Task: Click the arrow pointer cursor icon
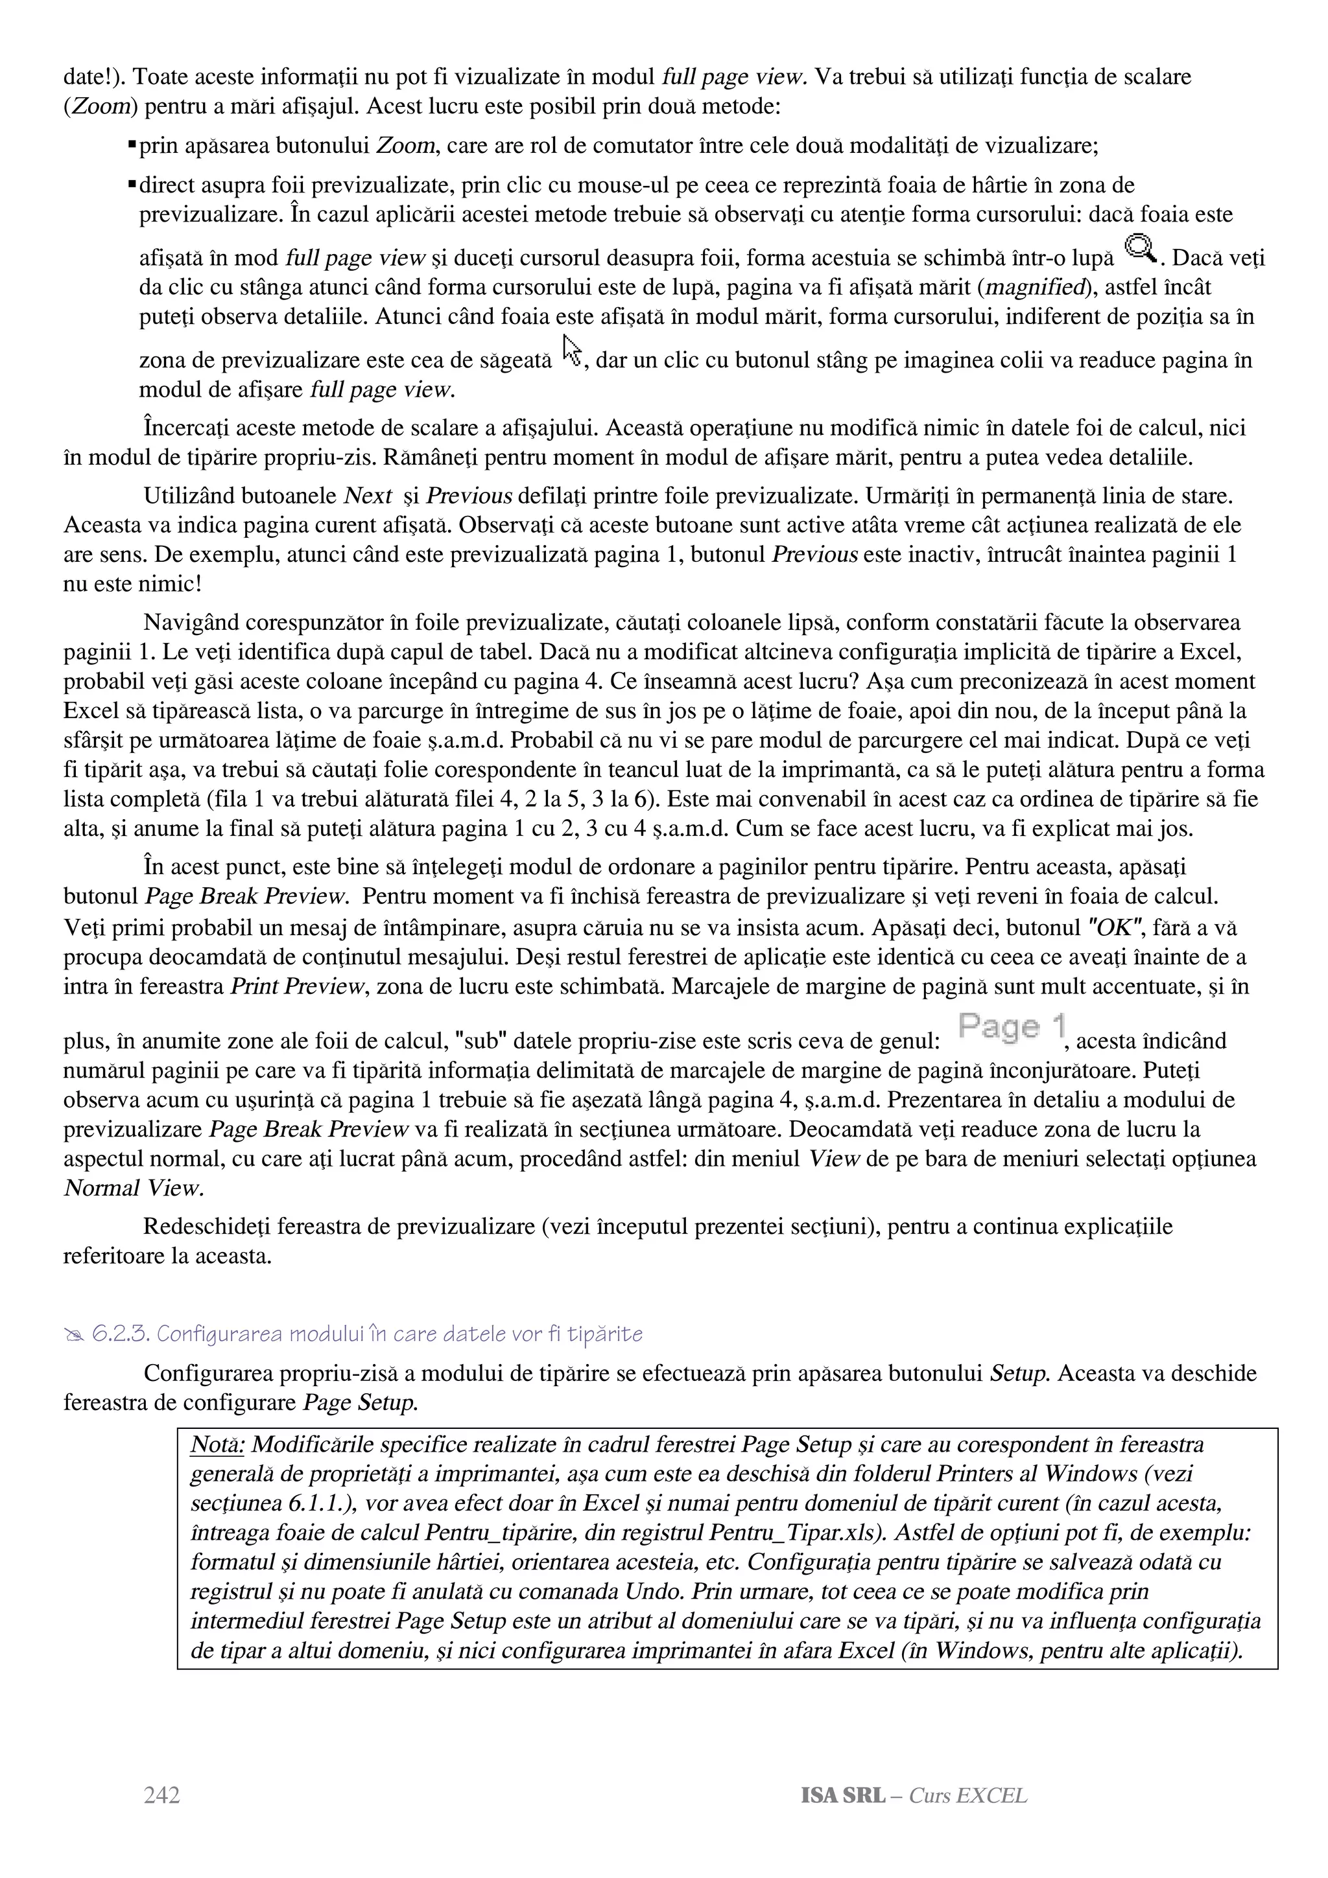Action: click(x=573, y=350)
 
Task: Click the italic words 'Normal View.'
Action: click(x=134, y=1188)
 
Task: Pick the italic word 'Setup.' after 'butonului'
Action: click(x=1019, y=1373)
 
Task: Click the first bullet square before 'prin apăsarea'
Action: click(x=132, y=145)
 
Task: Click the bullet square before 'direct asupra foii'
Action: click(x=132, y=184)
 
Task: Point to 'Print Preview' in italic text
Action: click(x=297, y=986)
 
